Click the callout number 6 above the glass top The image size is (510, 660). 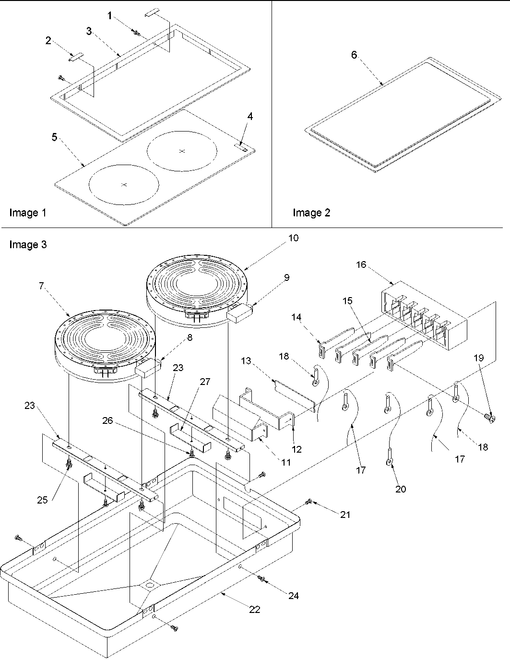coord(354,55)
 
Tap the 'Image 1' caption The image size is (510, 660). coord(28,212)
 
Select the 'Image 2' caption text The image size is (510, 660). coord(311,212)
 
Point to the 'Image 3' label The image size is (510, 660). coord(28,245)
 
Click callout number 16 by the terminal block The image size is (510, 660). coord(361,264)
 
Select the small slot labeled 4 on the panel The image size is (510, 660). coord(241,145)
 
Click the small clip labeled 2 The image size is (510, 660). coord(75,57)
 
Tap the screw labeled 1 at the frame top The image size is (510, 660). coord(136,33)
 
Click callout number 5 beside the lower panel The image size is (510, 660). coord(54,137)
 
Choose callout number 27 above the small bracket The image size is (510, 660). coord(205,382)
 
